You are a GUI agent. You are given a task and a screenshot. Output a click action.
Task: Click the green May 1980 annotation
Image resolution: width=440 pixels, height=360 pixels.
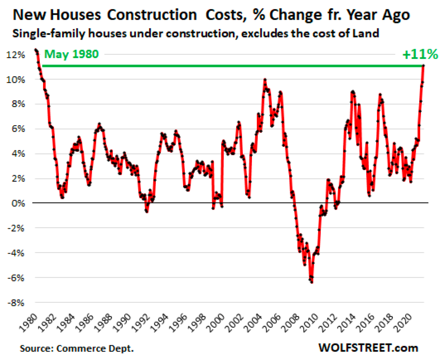coord(71,54)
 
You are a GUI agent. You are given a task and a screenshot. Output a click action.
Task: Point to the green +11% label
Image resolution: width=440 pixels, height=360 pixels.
coord(420,54)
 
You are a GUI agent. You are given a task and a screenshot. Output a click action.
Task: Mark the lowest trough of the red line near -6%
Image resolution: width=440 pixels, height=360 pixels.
coord(311,282)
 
